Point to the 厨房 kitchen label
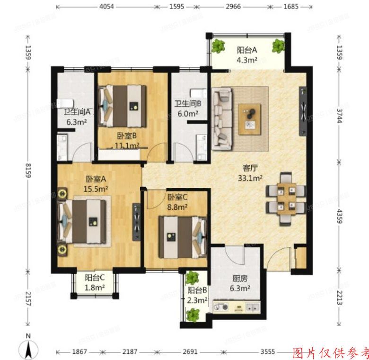click(x=238, y=279)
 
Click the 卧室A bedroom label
click(x=96, y=179)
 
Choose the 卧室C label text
click(x=177, y=197)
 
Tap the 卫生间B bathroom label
click(x=188, y=104)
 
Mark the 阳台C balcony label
click(x=95, y=278)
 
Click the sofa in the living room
click(x=221, y=118)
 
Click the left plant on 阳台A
click(x=218, y=46)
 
